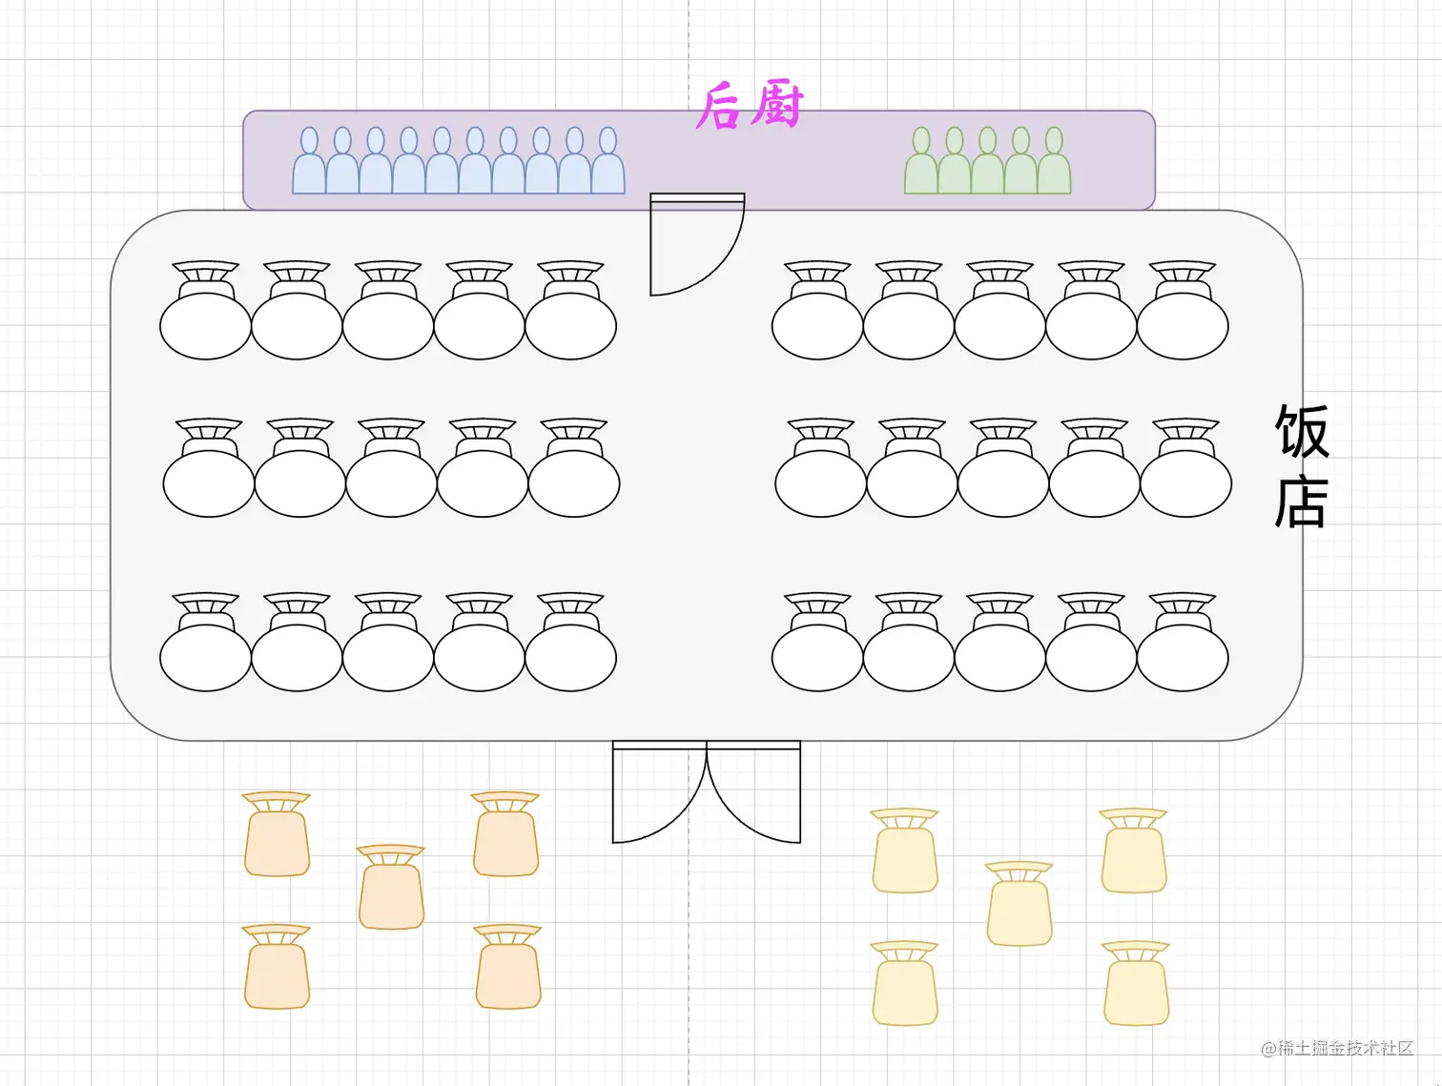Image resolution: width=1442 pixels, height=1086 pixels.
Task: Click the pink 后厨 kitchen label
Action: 750,105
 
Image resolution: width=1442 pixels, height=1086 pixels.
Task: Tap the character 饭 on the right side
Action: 1302,432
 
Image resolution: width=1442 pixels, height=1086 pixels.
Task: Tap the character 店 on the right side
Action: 1302,502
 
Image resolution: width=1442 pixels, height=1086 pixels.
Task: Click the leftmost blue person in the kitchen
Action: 309,162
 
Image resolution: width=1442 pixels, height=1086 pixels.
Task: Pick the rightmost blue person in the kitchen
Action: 608,162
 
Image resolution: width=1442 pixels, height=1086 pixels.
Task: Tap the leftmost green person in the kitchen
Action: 921,162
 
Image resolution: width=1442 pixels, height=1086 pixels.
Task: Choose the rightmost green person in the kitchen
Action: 1054,162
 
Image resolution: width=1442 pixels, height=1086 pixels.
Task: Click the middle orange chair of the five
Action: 391,888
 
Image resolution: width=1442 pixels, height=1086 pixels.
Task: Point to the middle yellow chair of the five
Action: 1020,904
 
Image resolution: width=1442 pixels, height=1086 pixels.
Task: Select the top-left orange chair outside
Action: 277,834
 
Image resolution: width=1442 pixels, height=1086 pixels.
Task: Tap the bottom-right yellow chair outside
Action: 1136,984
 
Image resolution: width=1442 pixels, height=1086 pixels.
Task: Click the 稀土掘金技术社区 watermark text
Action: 1337,1049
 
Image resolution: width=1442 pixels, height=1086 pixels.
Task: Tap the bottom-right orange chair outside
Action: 508,967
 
